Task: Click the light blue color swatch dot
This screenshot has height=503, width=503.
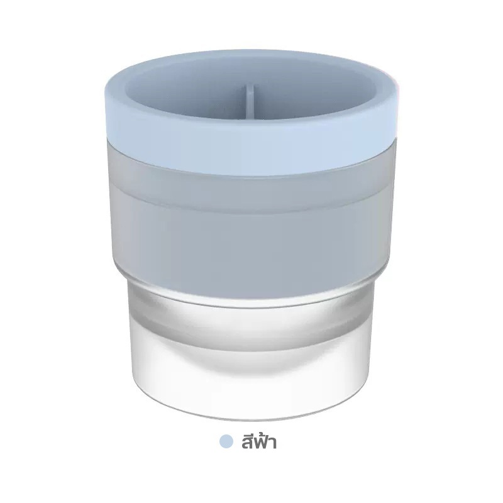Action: [x=226, y=441]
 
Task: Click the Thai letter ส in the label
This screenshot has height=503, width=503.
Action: [x=246, y=443]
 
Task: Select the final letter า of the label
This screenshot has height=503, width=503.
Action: [x=273, y=443]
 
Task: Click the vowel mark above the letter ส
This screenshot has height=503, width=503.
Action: [x=246, y=433]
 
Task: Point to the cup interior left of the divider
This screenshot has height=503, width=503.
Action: [x=186, y=93]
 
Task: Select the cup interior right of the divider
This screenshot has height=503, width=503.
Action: [x=314, y=93]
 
